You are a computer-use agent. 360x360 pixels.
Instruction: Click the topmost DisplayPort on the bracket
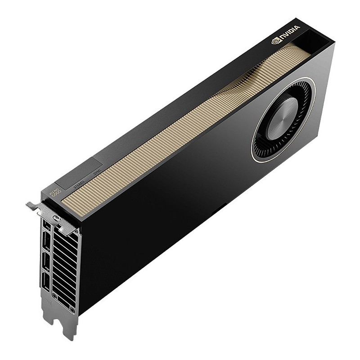tap(46, 227)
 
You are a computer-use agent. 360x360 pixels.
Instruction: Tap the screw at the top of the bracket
tap(57, 219)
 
